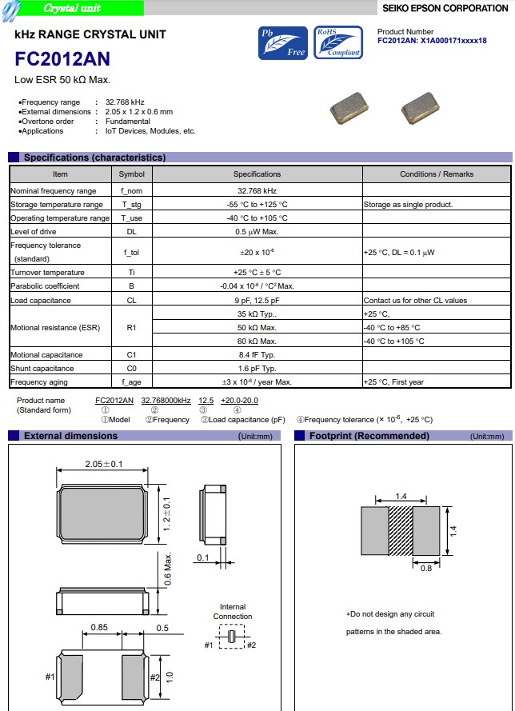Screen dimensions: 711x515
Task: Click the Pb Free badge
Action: coord(282,43)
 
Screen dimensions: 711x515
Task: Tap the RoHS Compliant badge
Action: coord(338,43)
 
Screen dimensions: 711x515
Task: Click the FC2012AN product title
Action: coord(62,60)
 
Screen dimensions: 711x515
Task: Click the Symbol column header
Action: coord(132,174)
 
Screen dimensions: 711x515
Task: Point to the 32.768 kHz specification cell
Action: coord(257,191)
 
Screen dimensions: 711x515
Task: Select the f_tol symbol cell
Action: coord(132,252)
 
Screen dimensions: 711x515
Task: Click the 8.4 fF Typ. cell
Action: coord(257,354)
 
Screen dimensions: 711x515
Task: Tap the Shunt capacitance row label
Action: coord(42,369)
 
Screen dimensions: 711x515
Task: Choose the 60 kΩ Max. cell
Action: coord(257,341)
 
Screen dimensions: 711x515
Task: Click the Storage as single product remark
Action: coord(408,205)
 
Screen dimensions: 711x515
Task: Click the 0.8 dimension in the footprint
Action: coord(426,569)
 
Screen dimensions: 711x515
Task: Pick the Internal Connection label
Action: coord(232,612)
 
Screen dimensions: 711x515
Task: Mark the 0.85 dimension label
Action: coord(100,628)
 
